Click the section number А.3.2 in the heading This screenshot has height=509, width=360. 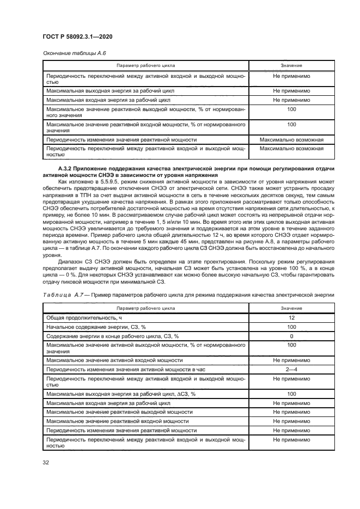(67, 169)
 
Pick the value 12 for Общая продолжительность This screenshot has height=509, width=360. (291, 317)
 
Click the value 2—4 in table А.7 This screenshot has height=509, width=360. (291, 369)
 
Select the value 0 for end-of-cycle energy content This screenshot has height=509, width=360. (291, 336)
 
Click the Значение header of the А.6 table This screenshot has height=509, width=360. (291, 66)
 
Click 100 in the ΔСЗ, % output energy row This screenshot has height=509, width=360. (291, 393)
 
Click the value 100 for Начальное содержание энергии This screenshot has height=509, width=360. (291, 327)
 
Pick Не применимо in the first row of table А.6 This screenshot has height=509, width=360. (291, 77)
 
